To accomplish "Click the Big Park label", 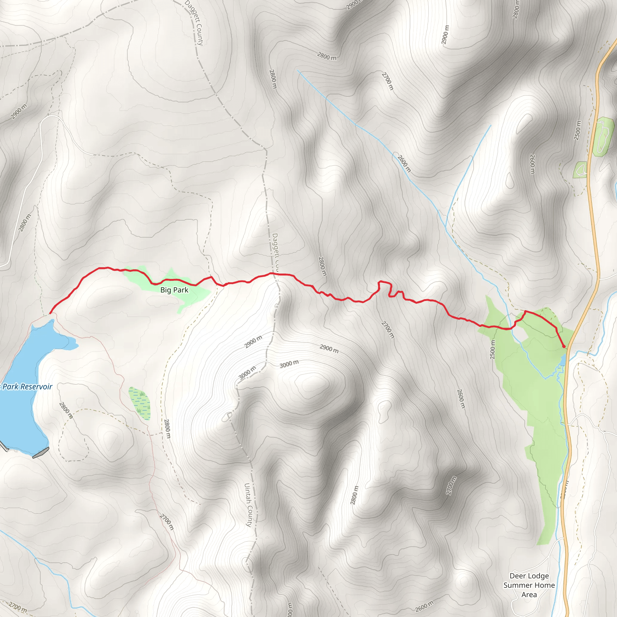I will point(174,290).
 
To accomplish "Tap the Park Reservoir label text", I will point(27,387).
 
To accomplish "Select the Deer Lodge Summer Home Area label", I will point(529,585).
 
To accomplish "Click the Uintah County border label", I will point(249,505).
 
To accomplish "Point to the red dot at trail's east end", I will point(564,346).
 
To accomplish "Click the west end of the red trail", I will point(50,313).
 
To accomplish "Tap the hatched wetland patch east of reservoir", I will point(139,403).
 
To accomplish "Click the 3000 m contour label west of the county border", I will point(247,373).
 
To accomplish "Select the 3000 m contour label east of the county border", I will point(289,364).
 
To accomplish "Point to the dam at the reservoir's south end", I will point(41,453).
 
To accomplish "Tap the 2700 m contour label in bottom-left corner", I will point(17,606).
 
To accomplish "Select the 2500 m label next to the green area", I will point(493,349).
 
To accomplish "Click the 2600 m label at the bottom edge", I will point(424,606).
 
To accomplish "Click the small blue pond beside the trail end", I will point(563,360).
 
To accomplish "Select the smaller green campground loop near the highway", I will point(580,170).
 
